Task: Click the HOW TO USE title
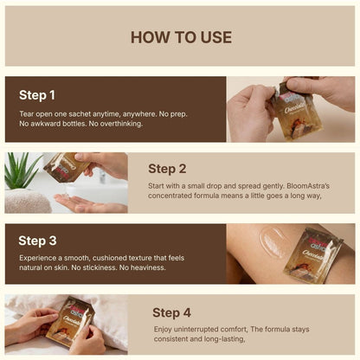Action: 181,37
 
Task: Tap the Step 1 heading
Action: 37,95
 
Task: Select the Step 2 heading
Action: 167,169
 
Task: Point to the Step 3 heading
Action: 37,241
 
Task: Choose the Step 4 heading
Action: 171,312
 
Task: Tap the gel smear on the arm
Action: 273,242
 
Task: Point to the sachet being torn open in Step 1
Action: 292,114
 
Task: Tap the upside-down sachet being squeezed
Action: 67,167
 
